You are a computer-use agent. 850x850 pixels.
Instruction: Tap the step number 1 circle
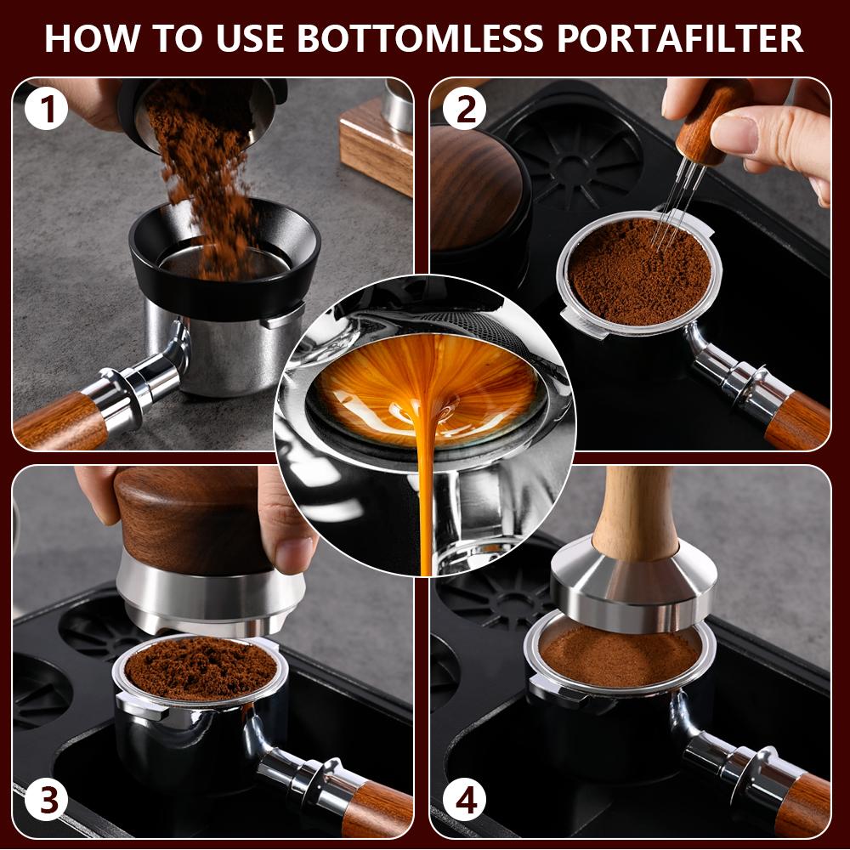[x=47, y=110]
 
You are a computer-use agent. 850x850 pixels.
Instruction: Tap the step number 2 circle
[x=463, y=110]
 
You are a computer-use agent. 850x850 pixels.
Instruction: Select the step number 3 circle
[x=47, y=801]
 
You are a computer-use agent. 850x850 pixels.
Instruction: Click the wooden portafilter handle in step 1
[x=59, y=422]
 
